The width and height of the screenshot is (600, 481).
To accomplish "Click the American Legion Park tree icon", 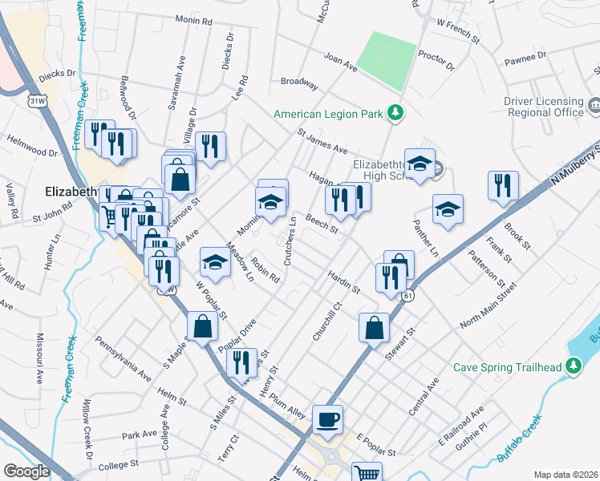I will tap(395, 114).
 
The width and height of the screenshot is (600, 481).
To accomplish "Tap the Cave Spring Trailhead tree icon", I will tap(573, 367).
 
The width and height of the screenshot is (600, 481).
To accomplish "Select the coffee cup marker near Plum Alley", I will tap(327, 418).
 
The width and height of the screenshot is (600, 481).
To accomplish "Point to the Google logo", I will tap(26, 471).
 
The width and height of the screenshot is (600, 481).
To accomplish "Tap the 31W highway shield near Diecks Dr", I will tap(38, 101).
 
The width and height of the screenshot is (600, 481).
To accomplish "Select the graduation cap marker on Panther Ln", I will tap(448, 209).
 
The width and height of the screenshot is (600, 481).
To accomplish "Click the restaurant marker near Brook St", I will tap(503, 186).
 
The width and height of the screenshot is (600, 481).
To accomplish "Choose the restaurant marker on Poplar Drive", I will tap(241, 362).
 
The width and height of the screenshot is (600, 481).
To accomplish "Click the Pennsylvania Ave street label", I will tap(124, 359).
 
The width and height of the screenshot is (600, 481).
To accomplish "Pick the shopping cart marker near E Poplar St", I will tap(367, 474).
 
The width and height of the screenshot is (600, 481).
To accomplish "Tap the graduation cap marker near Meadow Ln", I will tap(214, 261).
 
